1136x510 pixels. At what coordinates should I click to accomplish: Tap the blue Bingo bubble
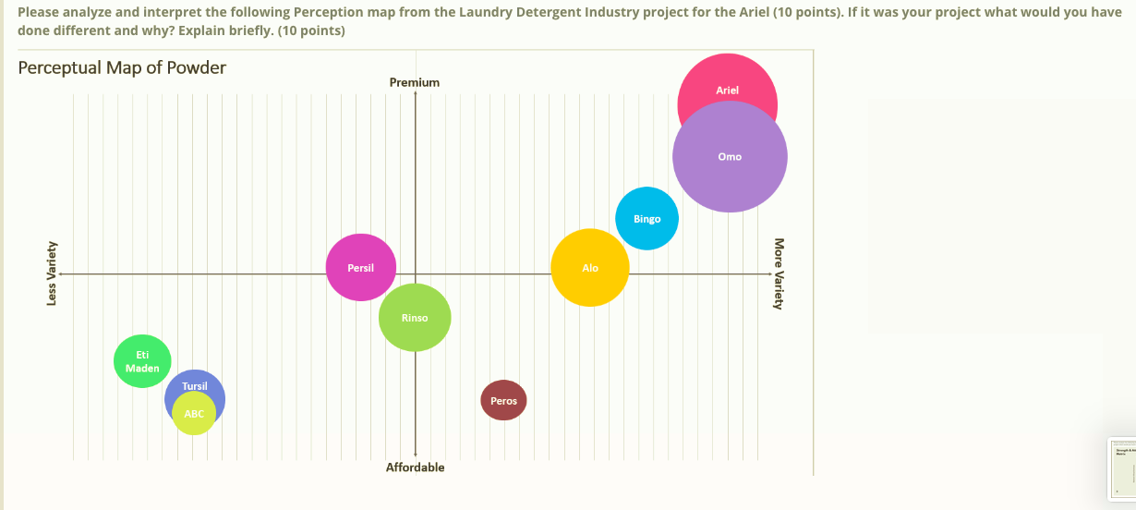647,219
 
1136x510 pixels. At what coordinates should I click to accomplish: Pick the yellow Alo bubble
590,268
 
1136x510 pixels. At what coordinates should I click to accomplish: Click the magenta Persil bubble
360,268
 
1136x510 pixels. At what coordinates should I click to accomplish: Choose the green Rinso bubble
415,318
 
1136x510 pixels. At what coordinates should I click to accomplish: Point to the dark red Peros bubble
503,401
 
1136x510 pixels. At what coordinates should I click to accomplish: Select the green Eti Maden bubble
141,361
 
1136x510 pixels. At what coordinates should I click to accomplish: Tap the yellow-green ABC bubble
194,415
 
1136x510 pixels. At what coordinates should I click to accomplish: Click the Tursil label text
195,385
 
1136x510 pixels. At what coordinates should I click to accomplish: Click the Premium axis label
415,82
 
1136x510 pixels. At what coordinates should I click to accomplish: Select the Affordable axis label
415,467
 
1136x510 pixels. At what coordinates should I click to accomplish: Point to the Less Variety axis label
52,274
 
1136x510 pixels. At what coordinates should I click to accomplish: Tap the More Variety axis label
779,274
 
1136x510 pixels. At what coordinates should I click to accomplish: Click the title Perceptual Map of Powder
122,67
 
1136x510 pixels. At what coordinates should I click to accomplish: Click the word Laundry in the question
482,13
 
